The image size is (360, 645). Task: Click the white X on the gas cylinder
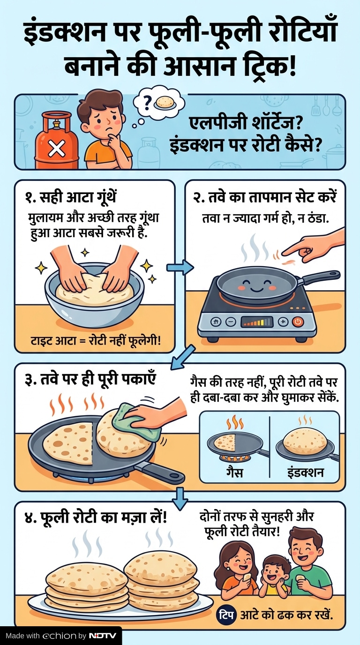coord(57,150)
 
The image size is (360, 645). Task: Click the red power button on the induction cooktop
coord(298,322)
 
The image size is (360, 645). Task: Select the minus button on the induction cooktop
coord(231,322)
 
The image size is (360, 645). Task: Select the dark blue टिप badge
coord(226,614)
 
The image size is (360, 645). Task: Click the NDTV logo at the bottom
coord(102,636)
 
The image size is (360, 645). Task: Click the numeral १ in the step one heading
coord(29,198)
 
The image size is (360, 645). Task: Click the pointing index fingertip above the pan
coord(284,253)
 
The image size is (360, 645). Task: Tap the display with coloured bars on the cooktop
coord(257,322)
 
